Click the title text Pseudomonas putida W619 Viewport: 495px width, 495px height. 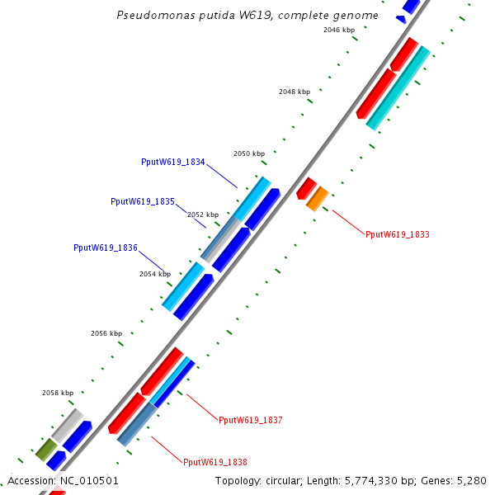point(248,16)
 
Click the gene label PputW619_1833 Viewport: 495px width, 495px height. point(397,235)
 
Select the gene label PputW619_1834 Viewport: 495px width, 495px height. point(173,163)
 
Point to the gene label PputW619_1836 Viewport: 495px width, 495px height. point(105,247)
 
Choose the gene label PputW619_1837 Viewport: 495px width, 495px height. point(250,421)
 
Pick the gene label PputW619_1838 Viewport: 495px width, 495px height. point(214,463)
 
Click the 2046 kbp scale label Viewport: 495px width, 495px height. point(339,30)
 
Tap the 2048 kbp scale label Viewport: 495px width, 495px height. point(295,92)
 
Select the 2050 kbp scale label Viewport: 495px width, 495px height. point(249,153)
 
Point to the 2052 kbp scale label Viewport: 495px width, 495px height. point(203,214)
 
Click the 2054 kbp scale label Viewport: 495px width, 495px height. point(155,274)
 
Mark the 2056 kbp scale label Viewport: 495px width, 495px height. point(106,333)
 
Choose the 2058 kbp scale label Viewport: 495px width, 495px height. point(58,393)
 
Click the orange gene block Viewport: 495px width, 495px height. point(318,198)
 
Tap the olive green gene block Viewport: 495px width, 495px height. point(45,450)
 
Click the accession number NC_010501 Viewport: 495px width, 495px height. point(87,481)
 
